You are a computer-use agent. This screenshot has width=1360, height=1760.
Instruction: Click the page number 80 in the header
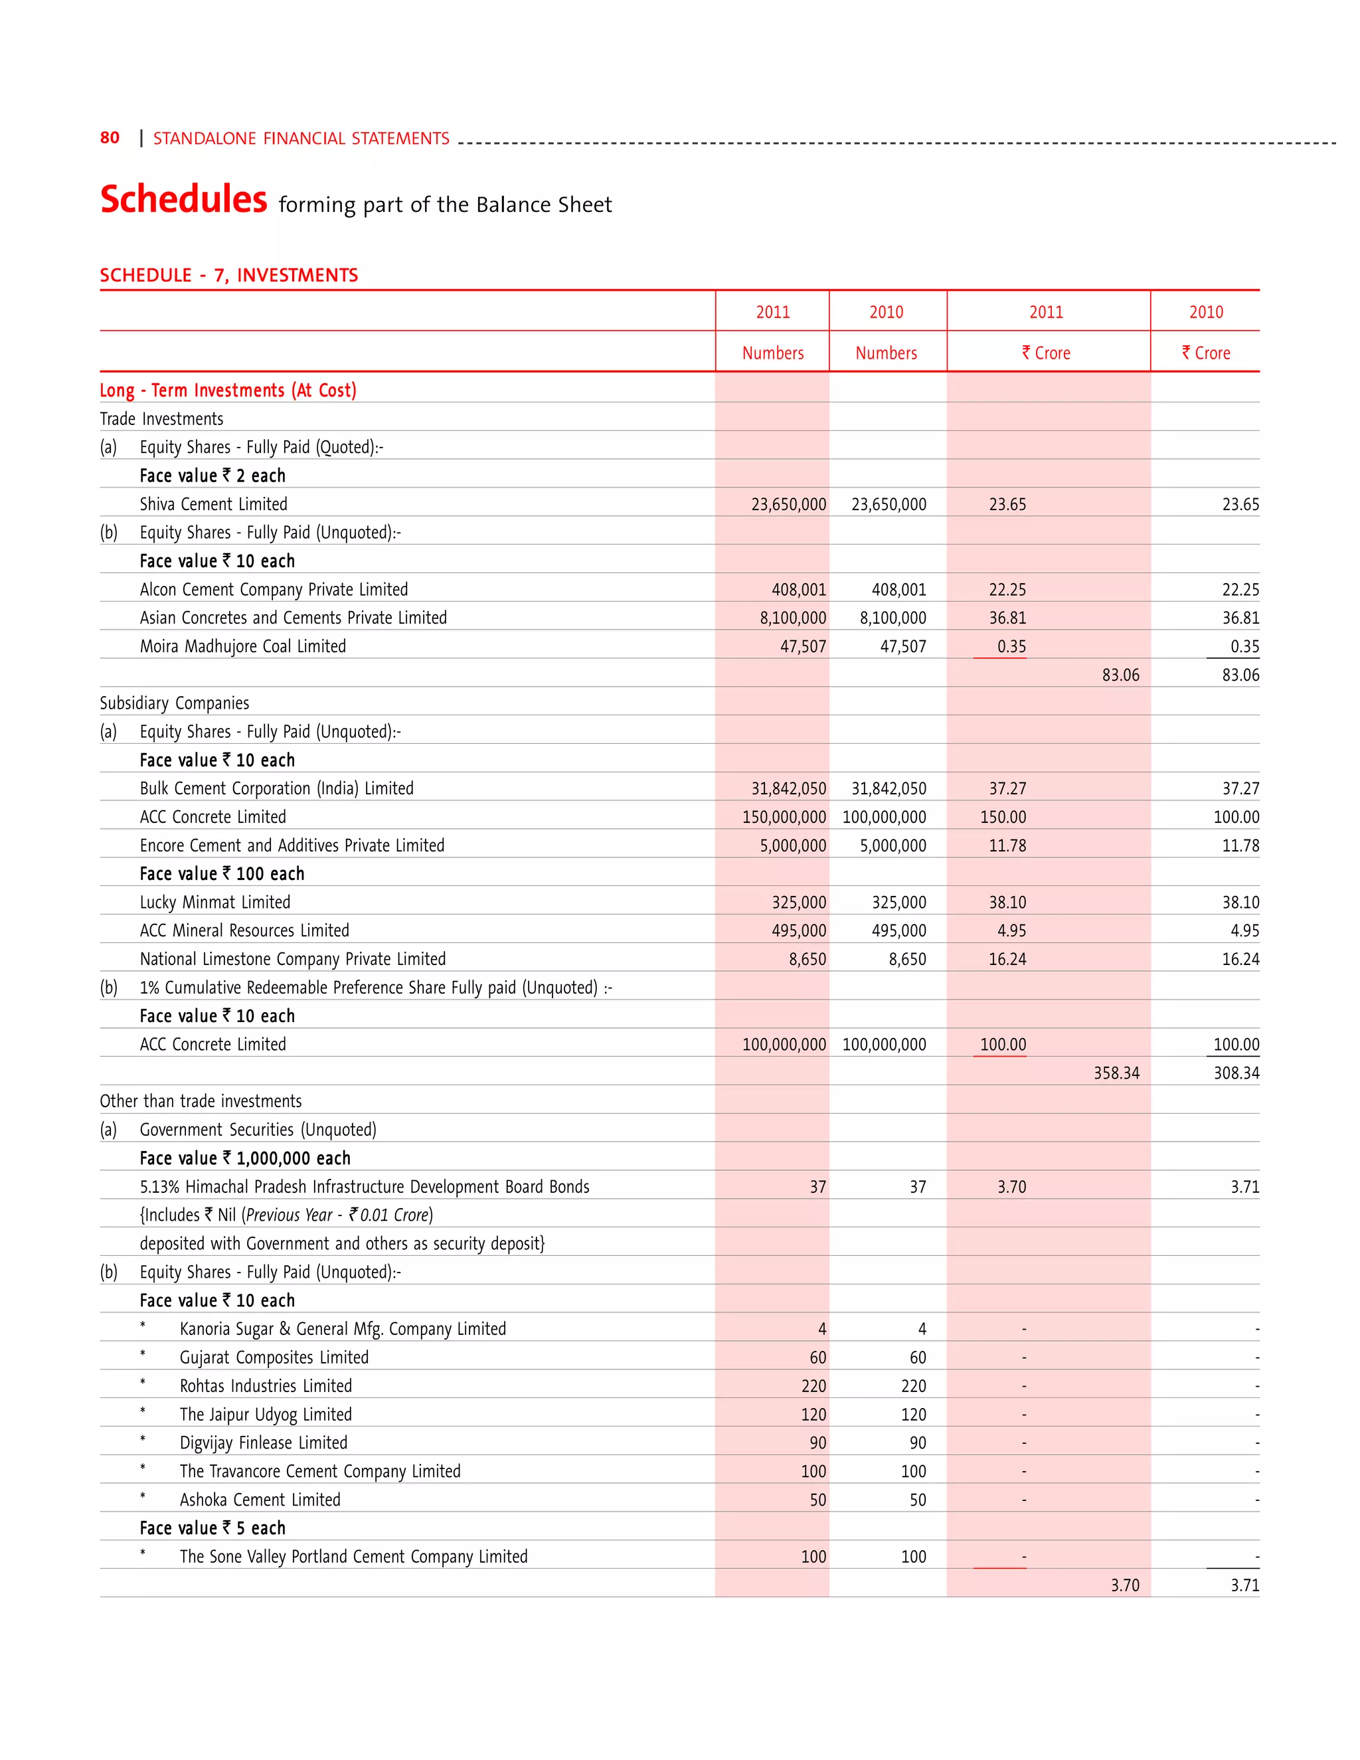110,137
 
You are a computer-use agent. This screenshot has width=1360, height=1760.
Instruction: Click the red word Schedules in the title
184,199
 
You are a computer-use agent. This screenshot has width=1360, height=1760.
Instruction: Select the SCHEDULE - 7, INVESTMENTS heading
229,276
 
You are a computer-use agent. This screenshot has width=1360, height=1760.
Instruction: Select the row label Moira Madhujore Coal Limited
242,646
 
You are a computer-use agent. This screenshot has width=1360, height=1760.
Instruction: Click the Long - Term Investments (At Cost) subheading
228,391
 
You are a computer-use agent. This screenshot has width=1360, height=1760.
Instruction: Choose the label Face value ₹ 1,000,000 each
245,1159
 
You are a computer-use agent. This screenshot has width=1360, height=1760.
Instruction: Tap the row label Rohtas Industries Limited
265,1386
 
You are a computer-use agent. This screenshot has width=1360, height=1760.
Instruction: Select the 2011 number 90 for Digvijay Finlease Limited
817,1443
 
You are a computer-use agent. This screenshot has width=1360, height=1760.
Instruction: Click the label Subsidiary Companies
174,703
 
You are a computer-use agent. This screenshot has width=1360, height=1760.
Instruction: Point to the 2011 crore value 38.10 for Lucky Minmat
1007,903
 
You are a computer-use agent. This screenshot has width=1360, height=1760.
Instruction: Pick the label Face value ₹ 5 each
212,1529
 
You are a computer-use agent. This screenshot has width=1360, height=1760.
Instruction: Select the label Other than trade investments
201,1102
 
